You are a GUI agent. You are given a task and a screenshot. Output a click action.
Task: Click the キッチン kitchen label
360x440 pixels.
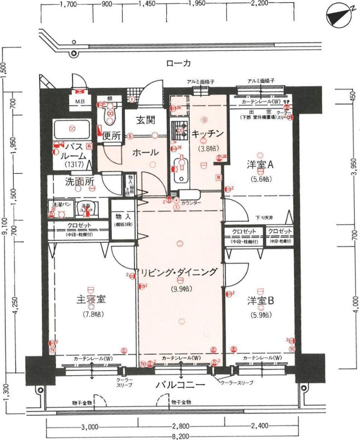(x=208, y=134)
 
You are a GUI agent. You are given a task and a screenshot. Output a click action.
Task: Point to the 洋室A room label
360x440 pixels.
(x=260, y=165)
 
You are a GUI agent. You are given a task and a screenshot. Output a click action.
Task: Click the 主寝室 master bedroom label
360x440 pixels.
(x=91, y=299)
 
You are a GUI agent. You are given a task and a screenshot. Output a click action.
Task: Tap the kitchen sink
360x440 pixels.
(x=179, y=168)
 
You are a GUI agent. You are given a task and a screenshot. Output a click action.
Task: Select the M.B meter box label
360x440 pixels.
(x=80, y=102)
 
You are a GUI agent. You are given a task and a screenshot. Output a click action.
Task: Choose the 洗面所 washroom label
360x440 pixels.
(x=79, y=181)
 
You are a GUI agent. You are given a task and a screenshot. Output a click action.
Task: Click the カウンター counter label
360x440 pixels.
(x=190, y=202)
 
